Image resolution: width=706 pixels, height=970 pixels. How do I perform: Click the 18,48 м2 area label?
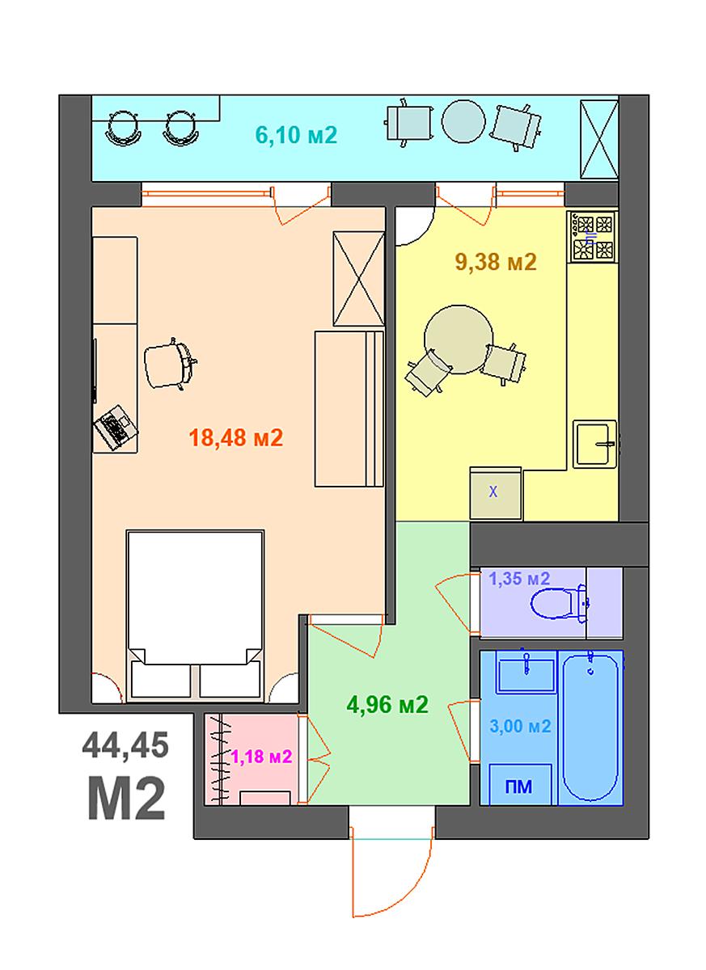236,438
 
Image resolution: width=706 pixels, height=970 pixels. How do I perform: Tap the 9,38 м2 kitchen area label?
496,262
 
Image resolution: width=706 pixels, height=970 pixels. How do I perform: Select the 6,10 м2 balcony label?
296,135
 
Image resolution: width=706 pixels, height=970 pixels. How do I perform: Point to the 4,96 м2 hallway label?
387,705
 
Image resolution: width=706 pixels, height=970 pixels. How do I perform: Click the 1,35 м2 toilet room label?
519,578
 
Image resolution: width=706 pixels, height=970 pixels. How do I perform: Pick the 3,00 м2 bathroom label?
520,725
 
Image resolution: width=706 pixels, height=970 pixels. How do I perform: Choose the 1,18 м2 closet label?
262,757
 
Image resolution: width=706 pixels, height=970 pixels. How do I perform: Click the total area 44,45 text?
125,745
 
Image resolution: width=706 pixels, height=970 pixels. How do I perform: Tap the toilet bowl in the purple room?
559,603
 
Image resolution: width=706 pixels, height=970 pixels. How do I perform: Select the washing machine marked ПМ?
520,784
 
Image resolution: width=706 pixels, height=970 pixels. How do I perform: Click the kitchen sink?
594,444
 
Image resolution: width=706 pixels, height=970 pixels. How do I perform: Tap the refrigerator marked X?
496,493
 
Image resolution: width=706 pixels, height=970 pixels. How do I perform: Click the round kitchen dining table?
459,339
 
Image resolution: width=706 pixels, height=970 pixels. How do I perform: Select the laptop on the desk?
116,427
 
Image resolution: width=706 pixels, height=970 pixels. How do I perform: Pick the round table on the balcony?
463,121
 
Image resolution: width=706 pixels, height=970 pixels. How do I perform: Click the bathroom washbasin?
526,675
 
